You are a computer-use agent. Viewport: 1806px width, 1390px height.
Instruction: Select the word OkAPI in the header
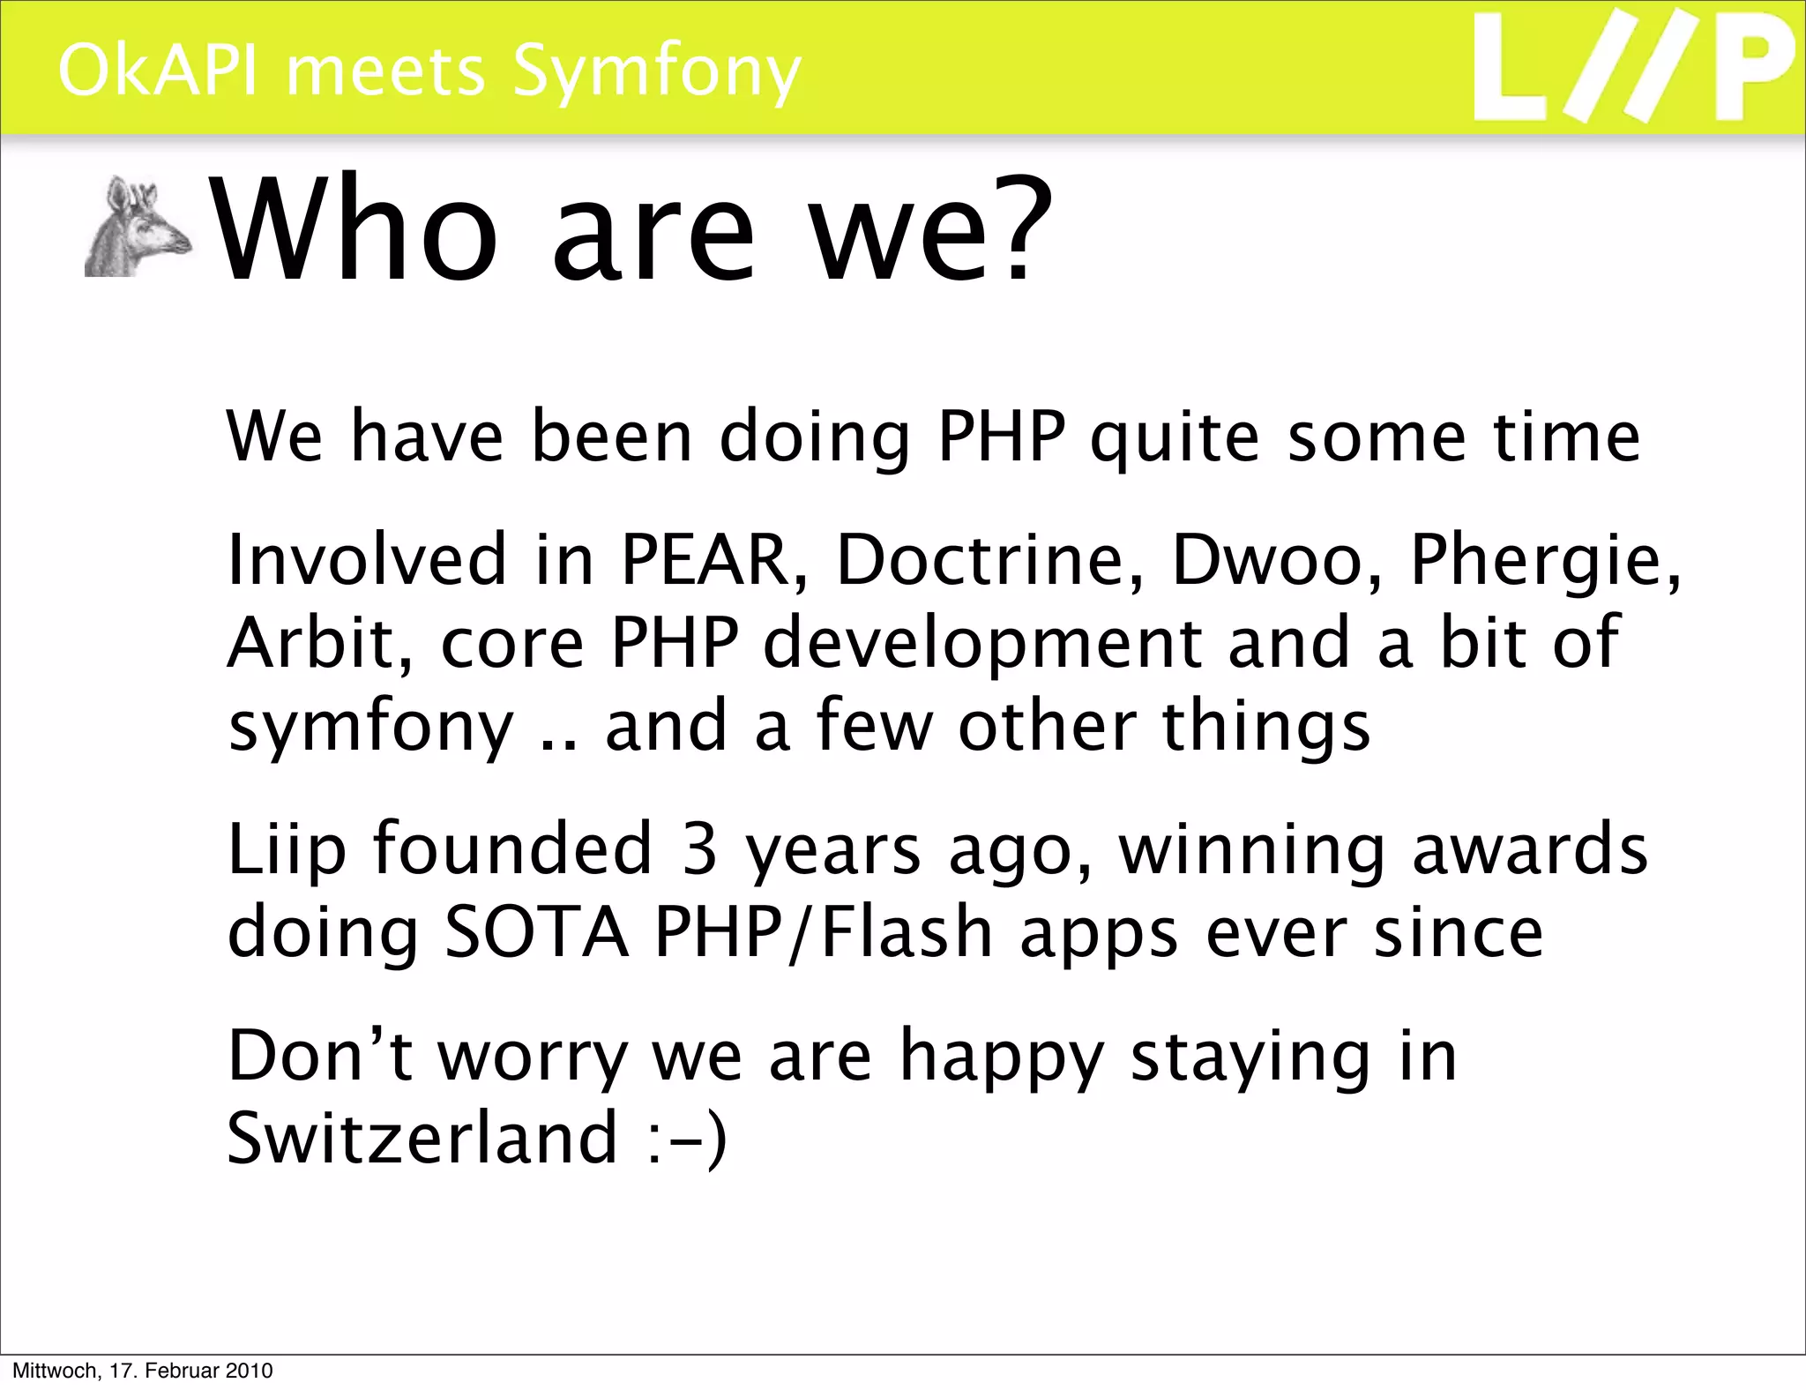point(159,71)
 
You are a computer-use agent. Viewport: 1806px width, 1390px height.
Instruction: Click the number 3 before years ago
point(699,848)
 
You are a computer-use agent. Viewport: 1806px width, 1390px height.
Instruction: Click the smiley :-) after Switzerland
point(687,1140)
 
